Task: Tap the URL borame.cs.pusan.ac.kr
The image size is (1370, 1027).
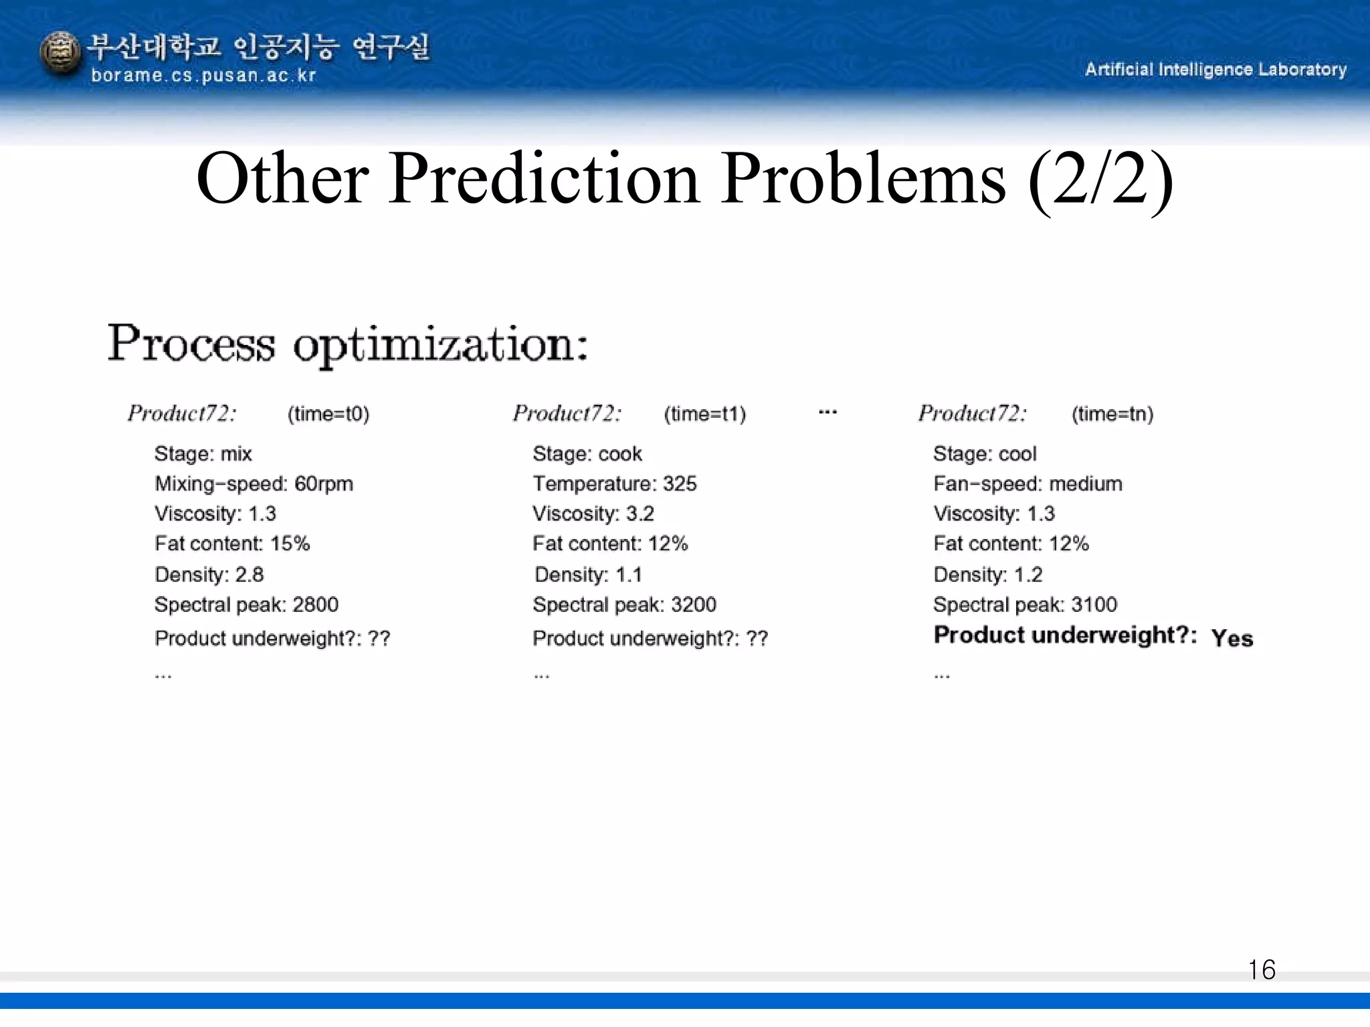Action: coord(203,76)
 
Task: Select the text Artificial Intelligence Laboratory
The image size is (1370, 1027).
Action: coord(1215,70)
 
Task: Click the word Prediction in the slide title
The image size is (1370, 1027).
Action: coord(543,179)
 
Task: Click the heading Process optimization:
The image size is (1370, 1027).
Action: coord(348,344)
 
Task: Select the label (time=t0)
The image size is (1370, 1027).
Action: coord(328,414)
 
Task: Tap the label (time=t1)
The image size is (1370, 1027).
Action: coord(704,414)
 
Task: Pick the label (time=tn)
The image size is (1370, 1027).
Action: coord(1112,414)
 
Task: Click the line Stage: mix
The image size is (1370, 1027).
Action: coord(203,454)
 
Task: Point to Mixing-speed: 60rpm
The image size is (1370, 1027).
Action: coord(254,483)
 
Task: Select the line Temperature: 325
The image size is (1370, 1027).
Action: coord(614,483)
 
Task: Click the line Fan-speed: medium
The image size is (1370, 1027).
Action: coord(1027,483)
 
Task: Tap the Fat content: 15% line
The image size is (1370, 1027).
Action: coord(232,544)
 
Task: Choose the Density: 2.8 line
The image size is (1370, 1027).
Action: coord(209,574)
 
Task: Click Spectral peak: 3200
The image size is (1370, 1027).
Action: coord(624,604)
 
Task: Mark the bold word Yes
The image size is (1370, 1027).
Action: coord(1232,638)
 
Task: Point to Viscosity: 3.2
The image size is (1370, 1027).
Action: coord(593,513)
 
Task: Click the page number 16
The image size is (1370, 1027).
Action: coord(1261,969)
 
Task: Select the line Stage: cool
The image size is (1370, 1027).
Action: coord(984,454)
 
